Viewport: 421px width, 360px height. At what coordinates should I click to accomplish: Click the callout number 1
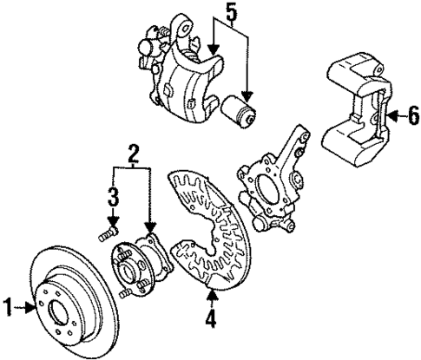click(x=9, y=305)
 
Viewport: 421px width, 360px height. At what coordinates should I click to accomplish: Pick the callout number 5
click(x=229, y=12)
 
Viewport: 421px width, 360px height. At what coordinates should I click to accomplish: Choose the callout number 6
click(x=413, y=114)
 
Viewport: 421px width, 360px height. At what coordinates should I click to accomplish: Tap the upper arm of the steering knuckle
click(x=299, y=139)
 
